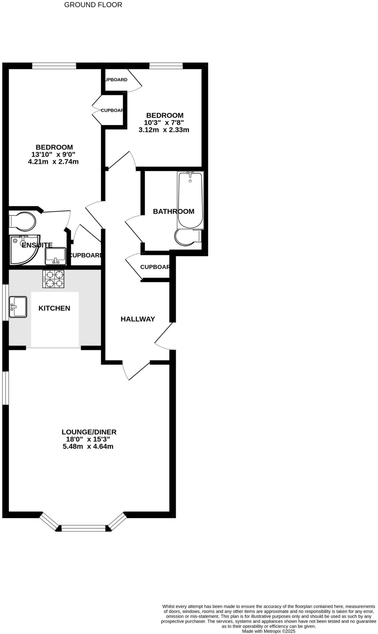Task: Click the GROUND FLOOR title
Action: tap(93, 5)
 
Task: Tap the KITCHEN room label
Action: tap(54, 308)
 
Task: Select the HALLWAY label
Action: tap(138, 319)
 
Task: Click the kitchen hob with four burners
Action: tap(53, 279)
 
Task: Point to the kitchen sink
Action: tap(18, 306)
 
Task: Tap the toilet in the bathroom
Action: tap(187, 237)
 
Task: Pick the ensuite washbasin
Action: tap(55, 256)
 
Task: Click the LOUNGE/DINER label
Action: tap(89, 432)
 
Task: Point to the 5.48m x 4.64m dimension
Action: tap(88, 446)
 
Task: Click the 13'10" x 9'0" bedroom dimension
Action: tap(53, 154)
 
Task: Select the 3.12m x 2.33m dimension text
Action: tap(164, 130)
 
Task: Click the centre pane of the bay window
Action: tap(84, 528)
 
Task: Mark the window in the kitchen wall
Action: tap(5, 302)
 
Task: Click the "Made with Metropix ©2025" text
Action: tap(269, 631)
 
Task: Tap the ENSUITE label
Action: tap(37, 245)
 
